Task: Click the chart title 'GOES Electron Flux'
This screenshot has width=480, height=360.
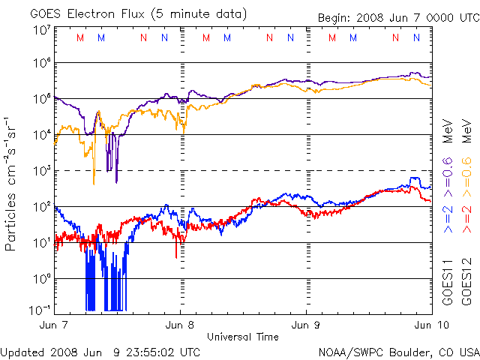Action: pos(87,14)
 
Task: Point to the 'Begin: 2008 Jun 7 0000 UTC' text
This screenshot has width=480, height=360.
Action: pos(399,18)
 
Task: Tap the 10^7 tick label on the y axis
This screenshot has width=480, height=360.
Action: pos(43,31)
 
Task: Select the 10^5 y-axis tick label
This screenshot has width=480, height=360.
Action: pos(43,99)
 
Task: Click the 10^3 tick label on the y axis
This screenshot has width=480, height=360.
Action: pos(43,171)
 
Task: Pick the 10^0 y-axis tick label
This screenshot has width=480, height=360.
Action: pos(43,279)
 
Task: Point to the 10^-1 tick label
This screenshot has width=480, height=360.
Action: pos(40,310)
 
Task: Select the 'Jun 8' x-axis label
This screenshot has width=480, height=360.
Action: pos(180,325)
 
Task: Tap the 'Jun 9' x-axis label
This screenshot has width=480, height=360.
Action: pos(306,325)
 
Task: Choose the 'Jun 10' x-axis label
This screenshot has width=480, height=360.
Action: pos(432,325)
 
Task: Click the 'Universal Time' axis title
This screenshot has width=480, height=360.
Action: pos(243,337)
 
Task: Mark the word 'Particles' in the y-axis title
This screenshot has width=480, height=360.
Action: pos(10,222)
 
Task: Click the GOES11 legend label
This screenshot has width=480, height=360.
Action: pos(448,282)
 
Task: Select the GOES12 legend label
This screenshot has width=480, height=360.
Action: pos(466,282)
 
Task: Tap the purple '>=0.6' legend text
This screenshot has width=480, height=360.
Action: pos(448,177)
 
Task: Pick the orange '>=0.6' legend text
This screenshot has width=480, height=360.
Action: pos(466,177)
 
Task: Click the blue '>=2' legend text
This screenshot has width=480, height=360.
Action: pos(448,219)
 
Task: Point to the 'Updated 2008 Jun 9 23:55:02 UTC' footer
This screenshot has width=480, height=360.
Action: pos(100,352)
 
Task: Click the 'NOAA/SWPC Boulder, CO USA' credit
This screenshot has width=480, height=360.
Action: pos(399,352)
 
